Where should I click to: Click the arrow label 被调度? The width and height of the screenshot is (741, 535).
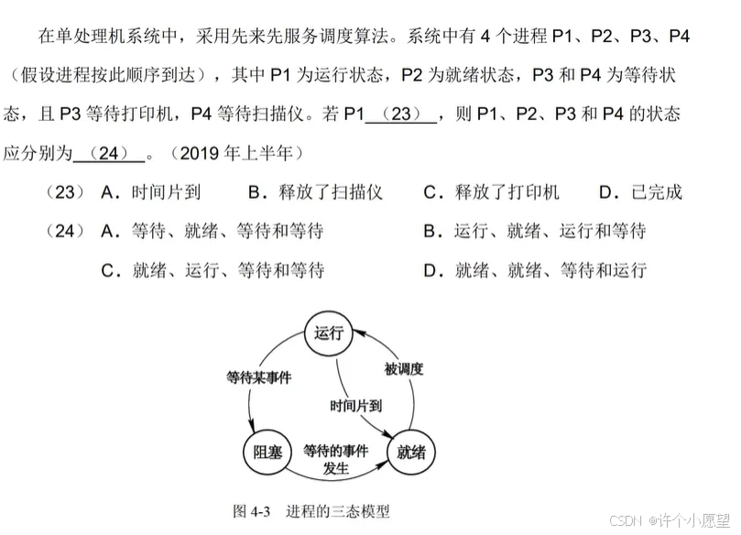click(x=403, y=369)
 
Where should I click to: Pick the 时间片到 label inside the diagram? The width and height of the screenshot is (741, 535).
click(x=356, y=404)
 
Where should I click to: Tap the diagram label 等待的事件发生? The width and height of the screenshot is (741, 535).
click(x=336, y=459)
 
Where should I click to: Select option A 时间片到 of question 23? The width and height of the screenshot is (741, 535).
click(x=152, y=192)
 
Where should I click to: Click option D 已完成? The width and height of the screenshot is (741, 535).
click(x=640, y=192)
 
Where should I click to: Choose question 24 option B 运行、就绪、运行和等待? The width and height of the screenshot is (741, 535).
click(x=535, y=231)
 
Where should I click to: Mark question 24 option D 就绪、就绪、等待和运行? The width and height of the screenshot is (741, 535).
click(x=535, y=270)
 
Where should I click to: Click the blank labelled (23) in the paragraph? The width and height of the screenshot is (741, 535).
click(x=401, y=115)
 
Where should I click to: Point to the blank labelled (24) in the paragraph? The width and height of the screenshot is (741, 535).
click(x=108, y=153)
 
